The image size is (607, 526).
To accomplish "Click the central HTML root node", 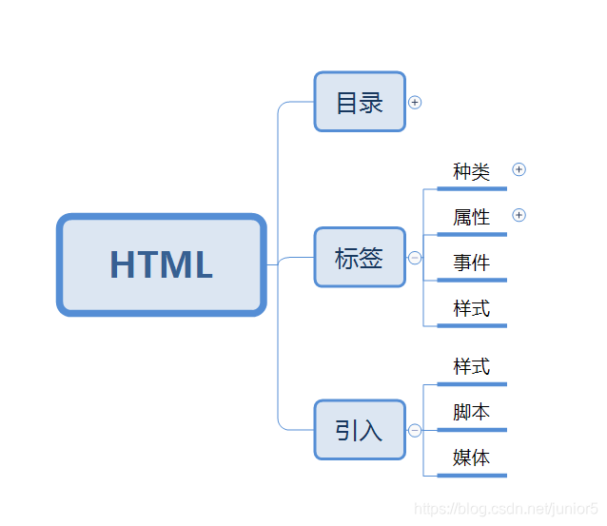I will pyautogui.click(x=161, y=264).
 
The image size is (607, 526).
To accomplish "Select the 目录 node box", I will pyautogui.click(x=360, y=102).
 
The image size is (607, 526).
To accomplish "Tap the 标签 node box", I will pyautogui.click(x=360, y=257).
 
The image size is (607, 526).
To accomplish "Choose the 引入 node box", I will pyautogui.click(x=360, y=430).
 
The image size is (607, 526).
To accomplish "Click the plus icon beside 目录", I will pyautogui.click(x=414, y=102).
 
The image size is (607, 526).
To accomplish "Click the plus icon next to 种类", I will pyautogui.click(x=519, y=169).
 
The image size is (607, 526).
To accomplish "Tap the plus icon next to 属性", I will pyautogui.click(x=519, y=215).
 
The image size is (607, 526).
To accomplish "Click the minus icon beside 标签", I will pyautogui.click(x=415, y=257).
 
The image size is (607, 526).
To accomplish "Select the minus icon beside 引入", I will pyautogui.click(x=415, y=430).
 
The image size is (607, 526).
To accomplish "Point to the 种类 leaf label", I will pyautogui.click(x=471, y=171).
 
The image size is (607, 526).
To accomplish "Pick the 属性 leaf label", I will pyautogui.click(x=471, y=217).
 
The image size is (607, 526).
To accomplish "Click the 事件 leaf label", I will pyautogui.click(x=471, y=263).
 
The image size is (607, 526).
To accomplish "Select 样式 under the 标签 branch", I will pyautogui.click(x=471, y=308).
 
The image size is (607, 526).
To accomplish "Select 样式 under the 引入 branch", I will pyautogui.click(x=471, y=366).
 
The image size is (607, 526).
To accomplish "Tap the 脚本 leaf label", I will pyautogui.click(x=471, y=412).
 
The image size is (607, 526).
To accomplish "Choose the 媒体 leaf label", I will pyautogui.click(x=471, y=458).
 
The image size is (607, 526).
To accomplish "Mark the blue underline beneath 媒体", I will pyautogui.click(x=471, y=475).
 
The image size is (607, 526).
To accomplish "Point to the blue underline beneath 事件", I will pyautogui.click(x=471, y=280).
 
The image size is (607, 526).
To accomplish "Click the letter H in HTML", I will pyautogui.click(x=124, y=264).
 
